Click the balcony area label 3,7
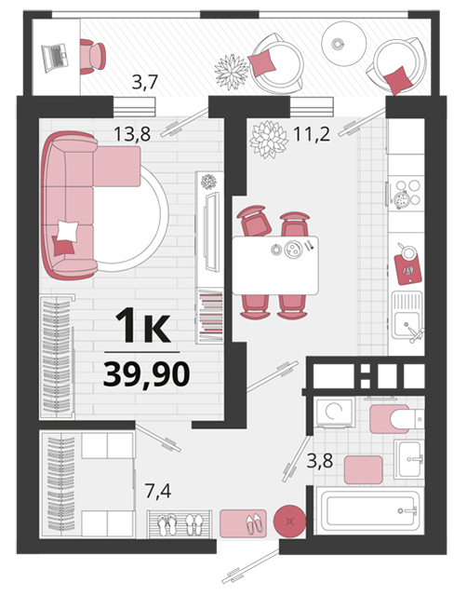[144, 83]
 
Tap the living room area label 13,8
[132, 134]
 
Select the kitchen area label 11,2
[312, 134]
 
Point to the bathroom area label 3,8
[320, 461]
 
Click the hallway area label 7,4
[158, 491]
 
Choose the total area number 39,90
[147, 374]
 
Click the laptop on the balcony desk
[55, 58]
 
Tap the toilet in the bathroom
[407, 419]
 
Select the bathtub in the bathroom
[370, 510]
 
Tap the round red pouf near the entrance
[289, 521]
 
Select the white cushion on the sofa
[68, 231]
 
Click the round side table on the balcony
[344, 44]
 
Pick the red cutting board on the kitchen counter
[408, 268]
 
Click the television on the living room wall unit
[212, 232]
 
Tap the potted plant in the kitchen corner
[269, 139]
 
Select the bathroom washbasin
[409, 459]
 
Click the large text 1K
[142, 325]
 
